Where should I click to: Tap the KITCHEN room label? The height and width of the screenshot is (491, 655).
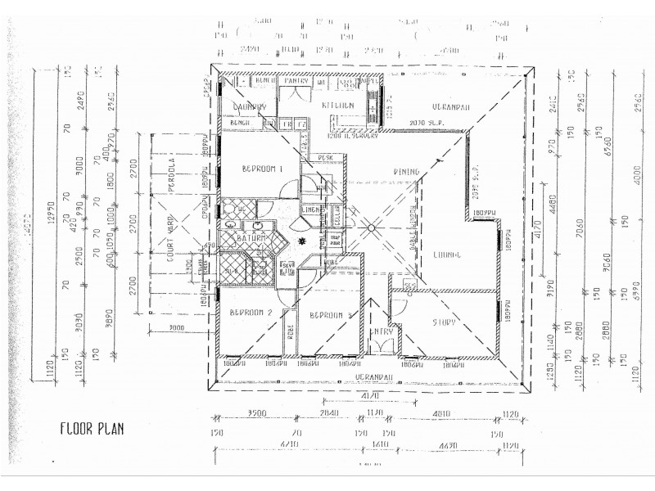[x=337, y=106]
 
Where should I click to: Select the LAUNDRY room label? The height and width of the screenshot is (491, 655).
[x=250, y=106]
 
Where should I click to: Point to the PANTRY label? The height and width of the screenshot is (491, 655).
[x=292, y=82]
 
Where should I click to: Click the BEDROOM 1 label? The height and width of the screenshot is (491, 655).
[x=262, y=169]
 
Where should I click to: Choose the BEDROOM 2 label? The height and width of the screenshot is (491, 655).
[x=251, y=313]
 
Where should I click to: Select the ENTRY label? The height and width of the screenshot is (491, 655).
[x=382, y=332]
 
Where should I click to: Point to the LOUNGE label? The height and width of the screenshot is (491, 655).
[x=449, y=255]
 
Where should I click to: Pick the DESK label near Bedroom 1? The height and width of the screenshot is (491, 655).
[x=325, y=157]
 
